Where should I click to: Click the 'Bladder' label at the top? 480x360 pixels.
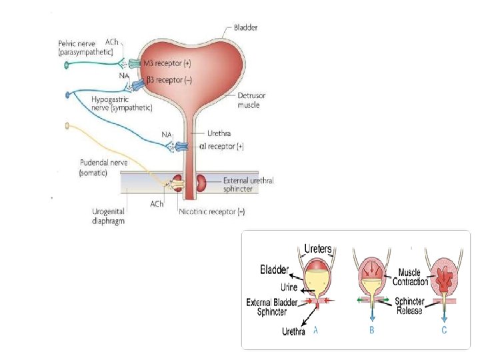pyautogui.click(x=245, y=28)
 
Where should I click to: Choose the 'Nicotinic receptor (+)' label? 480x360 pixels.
pyautogui.click(x=211, y=211)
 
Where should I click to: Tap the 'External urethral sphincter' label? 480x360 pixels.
pyautogui.click(x=248, y=185)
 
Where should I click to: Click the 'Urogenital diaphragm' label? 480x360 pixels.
pyautogui.click(x=109, y=216)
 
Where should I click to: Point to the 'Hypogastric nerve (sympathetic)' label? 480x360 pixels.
pyautogui.click(x=121, y=103)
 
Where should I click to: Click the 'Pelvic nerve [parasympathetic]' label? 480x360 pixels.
pyautogui.click(x=85, y=47)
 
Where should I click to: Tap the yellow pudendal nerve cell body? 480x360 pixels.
pyautogui.click(x=67, y=125)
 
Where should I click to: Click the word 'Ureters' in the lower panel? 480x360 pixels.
pyautogui.click(x=318, y=249)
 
